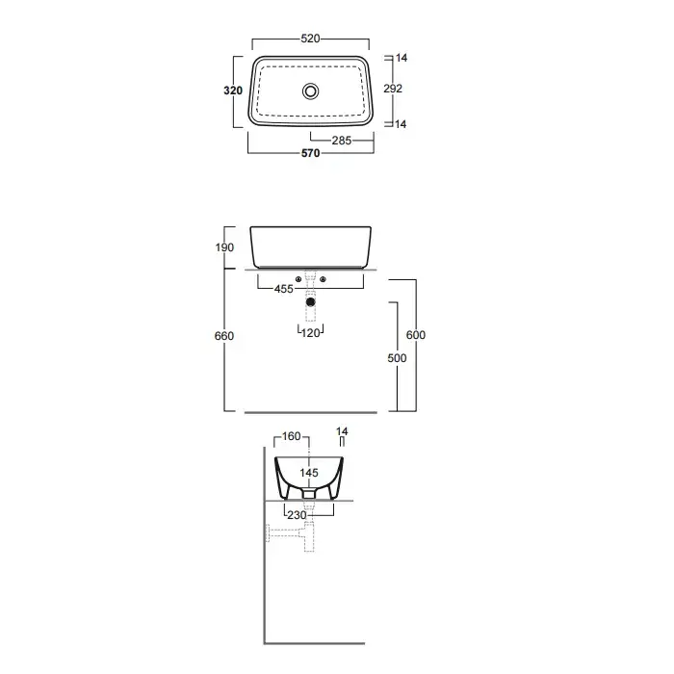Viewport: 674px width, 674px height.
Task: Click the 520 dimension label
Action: point(310,39)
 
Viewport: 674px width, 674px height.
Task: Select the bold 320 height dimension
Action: point(233,91)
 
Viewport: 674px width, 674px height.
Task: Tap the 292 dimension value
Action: point(393,89)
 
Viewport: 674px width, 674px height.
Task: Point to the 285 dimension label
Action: point(342,141)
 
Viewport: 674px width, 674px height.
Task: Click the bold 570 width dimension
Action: point(310,153)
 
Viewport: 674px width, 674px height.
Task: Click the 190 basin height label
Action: point(224,247)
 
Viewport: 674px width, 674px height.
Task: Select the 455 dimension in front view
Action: point(284,289)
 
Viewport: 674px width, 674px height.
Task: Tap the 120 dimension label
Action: point(310,333)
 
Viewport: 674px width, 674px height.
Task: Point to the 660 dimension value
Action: point(224,336)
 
